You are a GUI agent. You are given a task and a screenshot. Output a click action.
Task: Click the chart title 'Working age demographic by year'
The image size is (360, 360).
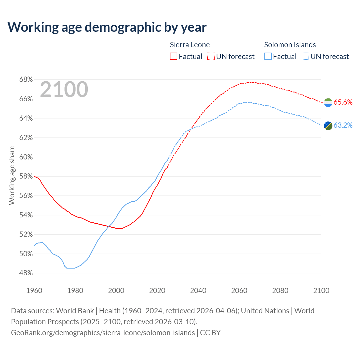[107, 27]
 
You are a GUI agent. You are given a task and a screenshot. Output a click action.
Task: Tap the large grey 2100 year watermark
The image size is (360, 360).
[64, 89]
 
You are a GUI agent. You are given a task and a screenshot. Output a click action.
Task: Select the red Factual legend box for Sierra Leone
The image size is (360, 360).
[174, 57]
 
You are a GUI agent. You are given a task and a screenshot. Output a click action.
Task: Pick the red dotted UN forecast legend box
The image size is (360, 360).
[211, 57]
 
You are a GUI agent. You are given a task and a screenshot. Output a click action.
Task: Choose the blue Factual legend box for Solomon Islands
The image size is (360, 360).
[268, 57]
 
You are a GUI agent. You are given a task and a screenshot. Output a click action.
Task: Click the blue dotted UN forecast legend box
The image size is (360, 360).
[305, 57]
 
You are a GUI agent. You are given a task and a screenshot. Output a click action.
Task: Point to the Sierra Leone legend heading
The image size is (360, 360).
[190, 45]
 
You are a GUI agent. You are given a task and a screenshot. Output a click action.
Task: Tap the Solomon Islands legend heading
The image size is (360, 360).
[290, 45]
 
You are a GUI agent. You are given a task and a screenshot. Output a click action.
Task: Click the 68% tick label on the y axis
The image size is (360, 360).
[26, 80]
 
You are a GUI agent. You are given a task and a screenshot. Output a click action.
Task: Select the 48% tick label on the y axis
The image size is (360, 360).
[26, 273]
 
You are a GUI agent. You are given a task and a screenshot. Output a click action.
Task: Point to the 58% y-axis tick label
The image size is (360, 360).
[26, 176]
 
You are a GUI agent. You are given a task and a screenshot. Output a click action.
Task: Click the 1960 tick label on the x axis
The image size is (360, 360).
[34, 291]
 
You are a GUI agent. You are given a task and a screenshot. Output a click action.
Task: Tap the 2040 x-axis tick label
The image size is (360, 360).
[198, 291]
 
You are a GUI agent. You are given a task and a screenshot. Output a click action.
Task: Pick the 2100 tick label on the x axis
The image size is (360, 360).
[321, 291]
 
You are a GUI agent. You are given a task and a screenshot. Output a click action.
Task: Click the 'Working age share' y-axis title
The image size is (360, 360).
[12, 175]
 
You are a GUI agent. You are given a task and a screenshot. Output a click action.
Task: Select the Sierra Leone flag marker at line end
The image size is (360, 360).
[328, 103]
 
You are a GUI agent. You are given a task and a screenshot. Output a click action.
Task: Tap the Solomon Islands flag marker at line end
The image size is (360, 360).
[328, 125]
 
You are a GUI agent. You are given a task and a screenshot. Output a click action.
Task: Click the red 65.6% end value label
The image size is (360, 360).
[343, 102]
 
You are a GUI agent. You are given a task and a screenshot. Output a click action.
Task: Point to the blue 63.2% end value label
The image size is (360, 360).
[343, 125]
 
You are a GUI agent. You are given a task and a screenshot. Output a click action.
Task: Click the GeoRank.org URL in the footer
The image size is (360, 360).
[103, 332]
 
